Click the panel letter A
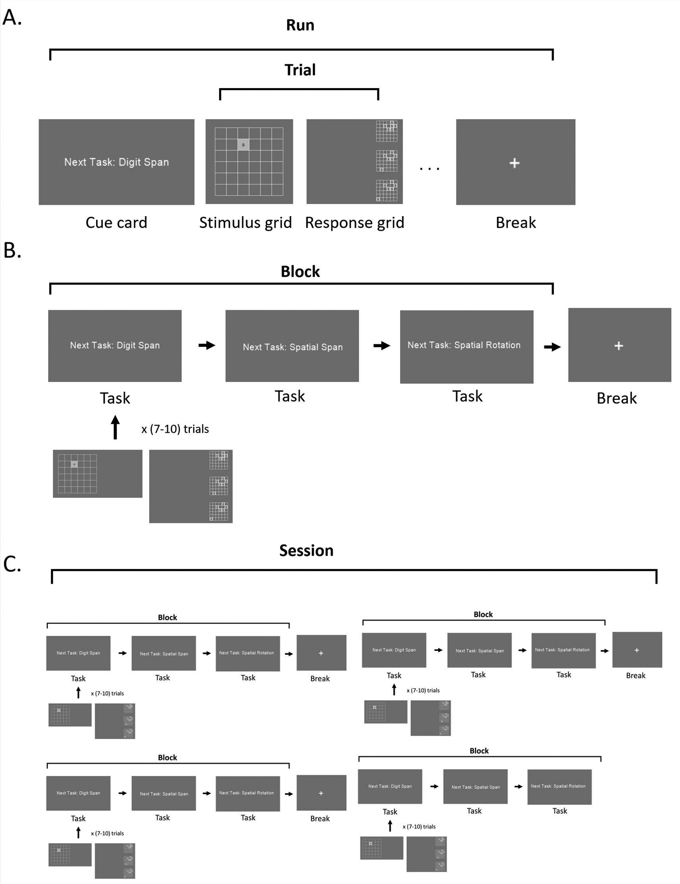[12, 17]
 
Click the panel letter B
[12, 251]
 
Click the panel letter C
[12, 564]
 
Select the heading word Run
[300, 25]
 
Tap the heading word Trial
[300, 70]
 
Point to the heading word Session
[306, 550]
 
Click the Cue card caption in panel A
[116, 223]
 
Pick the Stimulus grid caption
[245, 223]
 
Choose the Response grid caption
[354, 223]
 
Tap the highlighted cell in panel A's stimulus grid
[243, 145]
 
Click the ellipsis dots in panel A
[429, 168]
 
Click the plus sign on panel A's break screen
[514, 163]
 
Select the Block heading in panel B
[300, 272]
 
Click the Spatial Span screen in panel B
[292, 346]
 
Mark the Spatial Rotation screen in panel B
[466, 346]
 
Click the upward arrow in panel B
[115, 427]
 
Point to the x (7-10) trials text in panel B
[175, 429]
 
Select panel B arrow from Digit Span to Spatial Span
[207, 345]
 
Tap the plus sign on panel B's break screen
[618, 345]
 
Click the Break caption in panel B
[616, 398]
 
